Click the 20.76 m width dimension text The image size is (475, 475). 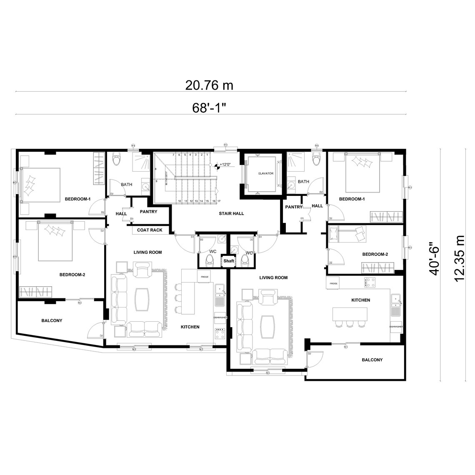coord(209,85)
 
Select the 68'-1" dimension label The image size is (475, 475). coord(209,107)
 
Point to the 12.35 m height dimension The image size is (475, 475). coord(460,258)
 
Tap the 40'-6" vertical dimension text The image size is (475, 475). coord(435,258)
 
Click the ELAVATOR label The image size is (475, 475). coord(265,173)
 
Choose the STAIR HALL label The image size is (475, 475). coord(231,213)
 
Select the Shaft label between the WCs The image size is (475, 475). coord(229,261)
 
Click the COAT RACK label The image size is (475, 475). coord(150,230)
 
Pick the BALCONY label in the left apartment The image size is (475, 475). coord(52,320)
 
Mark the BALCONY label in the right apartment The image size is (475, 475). coord(372,360)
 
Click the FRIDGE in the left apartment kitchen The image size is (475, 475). coord(204,277)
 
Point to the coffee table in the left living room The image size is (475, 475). coord(142,299)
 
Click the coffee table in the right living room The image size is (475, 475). coord(267,326)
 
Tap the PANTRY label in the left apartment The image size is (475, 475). coord(148,212)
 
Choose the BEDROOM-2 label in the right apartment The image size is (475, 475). coord(375,254)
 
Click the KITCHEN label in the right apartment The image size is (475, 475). coord(360,300)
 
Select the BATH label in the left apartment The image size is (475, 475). coord(126,184)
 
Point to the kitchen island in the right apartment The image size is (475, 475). coord(350,314)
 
